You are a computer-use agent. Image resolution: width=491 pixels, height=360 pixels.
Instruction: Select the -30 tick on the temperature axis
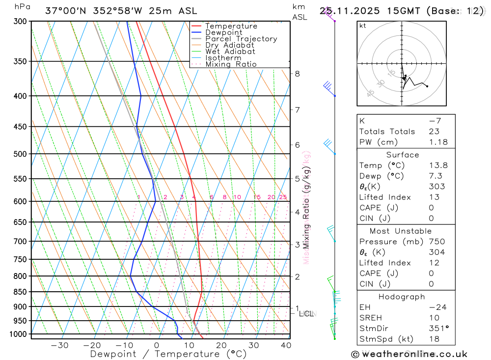pyautogui.click(x=60, y=345)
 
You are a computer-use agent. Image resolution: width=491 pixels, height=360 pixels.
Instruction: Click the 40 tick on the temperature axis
pyautogui.click(x=286, y=345)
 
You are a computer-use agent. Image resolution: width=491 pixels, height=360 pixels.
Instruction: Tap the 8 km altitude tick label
pyautogui.click(x=297, y=74)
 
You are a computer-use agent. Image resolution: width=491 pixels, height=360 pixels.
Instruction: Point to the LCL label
pyautogui.click(x=306, y=313)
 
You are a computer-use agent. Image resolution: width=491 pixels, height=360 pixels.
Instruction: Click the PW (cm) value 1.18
pyautogui.click(x=438, y=142)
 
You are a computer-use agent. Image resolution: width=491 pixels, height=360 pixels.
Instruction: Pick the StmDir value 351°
pyautogui.click(x=438, y=328)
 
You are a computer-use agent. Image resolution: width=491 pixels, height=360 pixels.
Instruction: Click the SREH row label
pyautogui.click(x=370, y=318)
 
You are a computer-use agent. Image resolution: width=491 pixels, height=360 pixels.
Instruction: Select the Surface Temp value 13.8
pyautogui.click(x=438, y=166)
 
